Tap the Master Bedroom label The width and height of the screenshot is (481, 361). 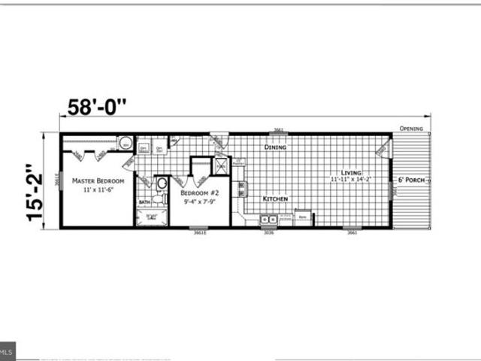(x=98, y=181)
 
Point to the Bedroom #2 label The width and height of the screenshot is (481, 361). (x=199, y=193)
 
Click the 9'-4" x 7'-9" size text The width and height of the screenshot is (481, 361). (x=199, y=202)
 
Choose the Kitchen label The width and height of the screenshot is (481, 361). (x=275, y=199)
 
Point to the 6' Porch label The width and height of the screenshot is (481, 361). (x=413, y=181)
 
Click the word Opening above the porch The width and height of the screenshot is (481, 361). (x=411, y=129)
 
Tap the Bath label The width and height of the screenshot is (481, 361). (x=144, y=202)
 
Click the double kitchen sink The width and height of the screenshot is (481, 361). (x=268, y=220)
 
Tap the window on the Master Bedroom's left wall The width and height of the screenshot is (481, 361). (x=57, y=180)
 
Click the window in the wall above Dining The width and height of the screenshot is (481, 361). (x=278, y=134)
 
